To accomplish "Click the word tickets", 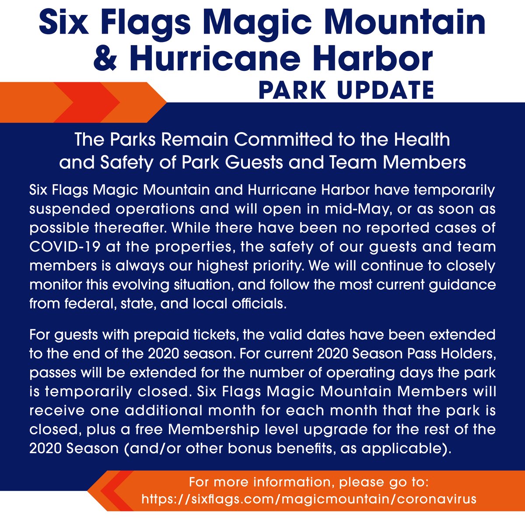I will [x=215, y=336].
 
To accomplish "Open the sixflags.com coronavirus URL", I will [x=309, y=499].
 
